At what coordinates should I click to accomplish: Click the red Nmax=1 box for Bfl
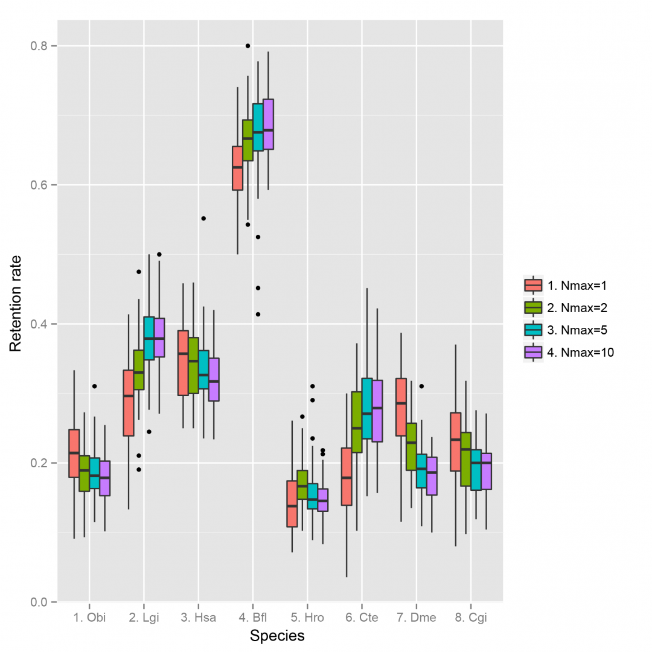tap(237, 168)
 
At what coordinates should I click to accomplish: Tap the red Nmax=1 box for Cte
tap(347, 476)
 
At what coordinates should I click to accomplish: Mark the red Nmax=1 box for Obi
tap(74, 453)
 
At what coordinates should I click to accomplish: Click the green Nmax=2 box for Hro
tap(302, 484)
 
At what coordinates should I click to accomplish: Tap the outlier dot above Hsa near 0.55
tap(203, 218)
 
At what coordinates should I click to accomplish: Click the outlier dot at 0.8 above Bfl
tap(248, 46)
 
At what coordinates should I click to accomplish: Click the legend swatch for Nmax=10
tap(533, 352)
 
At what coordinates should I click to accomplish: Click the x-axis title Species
tap(277, 636)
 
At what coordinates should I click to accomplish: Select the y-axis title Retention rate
tap(16, 312)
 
